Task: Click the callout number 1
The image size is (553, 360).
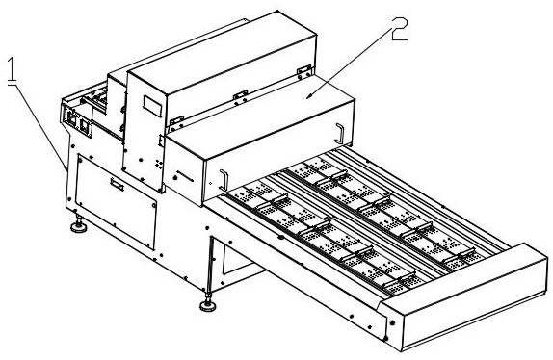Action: (x=13, y=70)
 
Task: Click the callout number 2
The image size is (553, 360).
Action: (x=399, y=29)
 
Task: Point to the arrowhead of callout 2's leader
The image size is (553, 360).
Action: (x=308, y=97)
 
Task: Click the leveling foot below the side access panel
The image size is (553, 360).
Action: (x=79, y=225)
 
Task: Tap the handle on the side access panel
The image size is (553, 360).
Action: (x=117, y=184)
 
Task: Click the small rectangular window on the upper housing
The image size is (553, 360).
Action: (x=152, y=106)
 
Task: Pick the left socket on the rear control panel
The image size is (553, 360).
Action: (x=71, y=118)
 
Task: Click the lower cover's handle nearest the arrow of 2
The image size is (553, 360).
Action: (x=339, y=133)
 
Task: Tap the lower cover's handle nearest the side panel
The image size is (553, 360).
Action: (x=224, y=180)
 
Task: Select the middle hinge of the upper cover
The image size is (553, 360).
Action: (x=240, y=94)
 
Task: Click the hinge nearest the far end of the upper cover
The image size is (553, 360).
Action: (x=304, y=69)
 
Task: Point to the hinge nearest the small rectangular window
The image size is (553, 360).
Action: (x=177, y=120)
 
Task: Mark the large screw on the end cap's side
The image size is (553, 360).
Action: (x=392, y=322)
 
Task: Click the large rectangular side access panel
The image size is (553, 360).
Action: (x=116, y=201)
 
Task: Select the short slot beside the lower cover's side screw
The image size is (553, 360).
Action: (x=185, y=176)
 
